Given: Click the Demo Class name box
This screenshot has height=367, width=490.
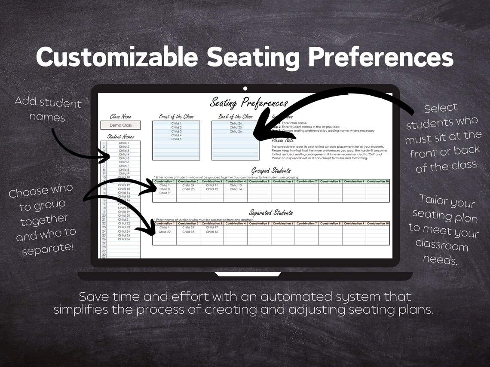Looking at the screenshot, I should pyautogui.click(x=120, y=125).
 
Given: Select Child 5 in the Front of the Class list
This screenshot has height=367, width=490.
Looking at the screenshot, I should pyautogui.click(x=176, y=139).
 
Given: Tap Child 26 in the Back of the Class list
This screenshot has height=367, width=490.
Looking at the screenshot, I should pyautogui.click(x=236, y=131).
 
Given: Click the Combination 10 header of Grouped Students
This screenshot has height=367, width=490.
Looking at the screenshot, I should pyautogui.click(x=377, y=182).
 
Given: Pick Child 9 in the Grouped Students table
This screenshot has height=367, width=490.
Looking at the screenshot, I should pyautogui.click(x=164, y=193).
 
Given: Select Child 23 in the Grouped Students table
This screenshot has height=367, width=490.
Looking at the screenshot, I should pyautogui.click(x=188, y=189).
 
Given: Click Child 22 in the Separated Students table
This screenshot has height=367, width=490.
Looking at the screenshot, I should pyautogui.click(x=164, y=232).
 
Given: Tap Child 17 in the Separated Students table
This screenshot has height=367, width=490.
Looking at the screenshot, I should pyautogui.click(x=212, y=227).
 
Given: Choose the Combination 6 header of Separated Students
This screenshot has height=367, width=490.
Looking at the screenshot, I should pyautogui.click(x=282, y=224).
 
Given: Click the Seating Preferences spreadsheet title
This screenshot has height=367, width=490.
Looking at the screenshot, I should pyautogui.click(x=248, y=103).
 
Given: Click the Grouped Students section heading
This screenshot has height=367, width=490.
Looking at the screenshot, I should pyautogui.click(x=271, y=171).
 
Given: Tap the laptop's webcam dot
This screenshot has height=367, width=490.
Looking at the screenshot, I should pyautogui.click(x=245, y=88).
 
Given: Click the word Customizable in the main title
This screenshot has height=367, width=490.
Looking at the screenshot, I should pyautogui.click(x=117, y=57).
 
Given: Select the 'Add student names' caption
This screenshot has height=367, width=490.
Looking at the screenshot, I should pyautogui.click(x=48, y=109).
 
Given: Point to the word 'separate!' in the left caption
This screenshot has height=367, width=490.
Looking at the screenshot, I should pyautogui.click(x=48, y=249).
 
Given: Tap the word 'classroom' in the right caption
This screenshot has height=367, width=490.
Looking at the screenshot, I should pyautogui.click(x=441, y=246).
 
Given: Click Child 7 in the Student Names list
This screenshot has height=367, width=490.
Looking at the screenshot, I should pyautogui.click(x=124, y=166).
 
